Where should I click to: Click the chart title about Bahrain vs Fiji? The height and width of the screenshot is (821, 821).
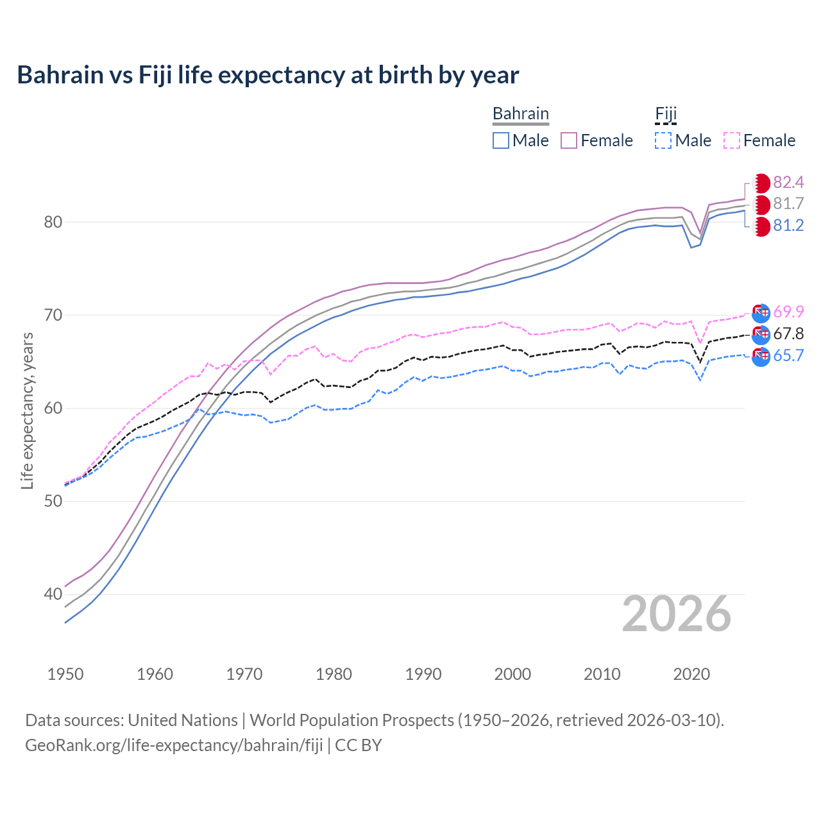tap(267, 75)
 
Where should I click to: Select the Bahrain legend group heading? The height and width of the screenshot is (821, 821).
tap(520, 114)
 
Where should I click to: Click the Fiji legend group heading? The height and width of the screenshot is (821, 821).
tap(666, 114)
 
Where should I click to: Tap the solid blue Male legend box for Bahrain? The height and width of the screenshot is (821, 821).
tap(501, 140)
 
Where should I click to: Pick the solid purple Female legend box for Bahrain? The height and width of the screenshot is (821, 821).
tap(569, 140)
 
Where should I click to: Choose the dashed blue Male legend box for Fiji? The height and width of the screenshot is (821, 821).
tap(663, 140)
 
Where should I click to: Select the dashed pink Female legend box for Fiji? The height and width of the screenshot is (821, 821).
tap(732, 140)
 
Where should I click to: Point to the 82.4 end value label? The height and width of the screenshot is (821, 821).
tap(788, 183)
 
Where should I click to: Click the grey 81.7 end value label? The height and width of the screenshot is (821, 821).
tap(788, 204)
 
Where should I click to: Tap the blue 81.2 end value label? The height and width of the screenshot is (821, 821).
tap(788, 226)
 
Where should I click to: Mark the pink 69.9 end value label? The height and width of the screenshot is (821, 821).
tap(788, 312)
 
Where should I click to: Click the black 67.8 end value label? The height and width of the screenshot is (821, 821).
tap(788, 334)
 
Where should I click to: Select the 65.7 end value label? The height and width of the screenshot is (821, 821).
tap(788, 356)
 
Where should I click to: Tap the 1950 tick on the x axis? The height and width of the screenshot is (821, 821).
tap(65, 674)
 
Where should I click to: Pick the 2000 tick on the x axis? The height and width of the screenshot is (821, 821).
tap(512, 674)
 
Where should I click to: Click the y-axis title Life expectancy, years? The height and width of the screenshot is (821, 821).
tap(27, 410)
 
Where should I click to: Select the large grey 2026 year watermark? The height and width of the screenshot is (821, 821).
tap(676, 614)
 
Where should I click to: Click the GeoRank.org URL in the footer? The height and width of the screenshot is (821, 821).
tap(174, 745)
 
